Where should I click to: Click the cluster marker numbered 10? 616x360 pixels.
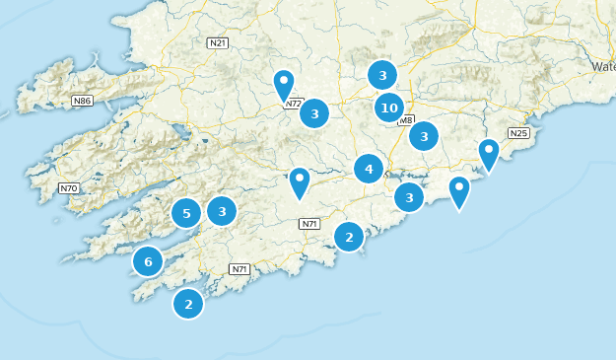click(x=389, y=108)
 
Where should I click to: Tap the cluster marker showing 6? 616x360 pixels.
click(x=148, y=261)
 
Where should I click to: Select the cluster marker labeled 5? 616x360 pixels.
click(x=186, y=212)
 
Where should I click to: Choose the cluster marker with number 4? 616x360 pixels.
click(x=369, y=169)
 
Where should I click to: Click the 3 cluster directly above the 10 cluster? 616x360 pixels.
click(x=382, y=75)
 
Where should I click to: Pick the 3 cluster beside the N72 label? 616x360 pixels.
click(x=314, y=114)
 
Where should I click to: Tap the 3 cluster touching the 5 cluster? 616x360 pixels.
click(x=222, y=210)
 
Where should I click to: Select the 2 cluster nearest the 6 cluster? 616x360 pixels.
click(x=188, y=304)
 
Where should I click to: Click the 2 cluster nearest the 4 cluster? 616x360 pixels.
click(x=349, y=237)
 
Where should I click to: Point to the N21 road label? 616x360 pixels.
click(x=218, y=42)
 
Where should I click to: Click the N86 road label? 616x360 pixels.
click(x=83, y=100)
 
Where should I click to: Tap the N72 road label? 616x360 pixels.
click(x=294, y=103)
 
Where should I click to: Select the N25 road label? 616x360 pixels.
click(x=518, y=133)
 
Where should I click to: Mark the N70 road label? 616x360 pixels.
click(x=68, y=187)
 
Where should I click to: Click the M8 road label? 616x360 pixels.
click(x=405, y=120)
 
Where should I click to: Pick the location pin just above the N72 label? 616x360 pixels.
click(x=284, y=84)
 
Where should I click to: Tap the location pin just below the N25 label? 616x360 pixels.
click(x=489, y=153)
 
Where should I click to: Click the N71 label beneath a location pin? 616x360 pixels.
click(x=309, y=224)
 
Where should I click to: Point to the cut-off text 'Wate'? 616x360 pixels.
click(x=603, y=66)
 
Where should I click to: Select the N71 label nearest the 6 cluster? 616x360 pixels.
click(x=239, y=269)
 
